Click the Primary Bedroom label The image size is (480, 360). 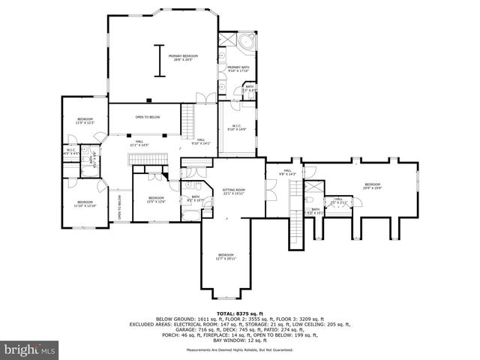pyautogui.click(x=183, y=58)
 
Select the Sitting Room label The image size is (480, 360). pyautogui.click(x=234, y=192)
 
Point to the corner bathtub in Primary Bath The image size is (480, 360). pyautogui.click(x=248, y=41)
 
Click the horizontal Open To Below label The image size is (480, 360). pyautogui.click(x=147, y=117)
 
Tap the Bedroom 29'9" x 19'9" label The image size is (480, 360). pyautogui.click(x=373, y=187)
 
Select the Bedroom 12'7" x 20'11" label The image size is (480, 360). pyautogui.click(x=226, y=256)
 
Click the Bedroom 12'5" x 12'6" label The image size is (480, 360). pyautogui.click(x=155, y=179)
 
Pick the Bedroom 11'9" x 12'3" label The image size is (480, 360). pyautogui.click(x=85, y=121)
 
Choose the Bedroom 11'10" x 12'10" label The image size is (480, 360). pyautogui.click(x=84, y=204)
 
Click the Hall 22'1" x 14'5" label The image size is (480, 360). pyautogui.click(x=139, y=143)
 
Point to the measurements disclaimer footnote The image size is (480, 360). pyautogui.click(x=239, y=349)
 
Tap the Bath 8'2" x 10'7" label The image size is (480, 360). pyautogui.click(x=195, y=199)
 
